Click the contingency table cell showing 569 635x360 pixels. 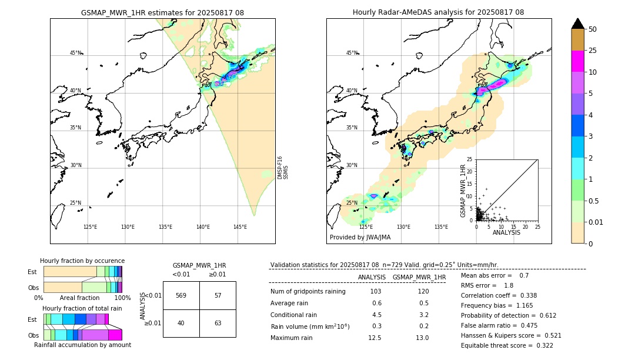pyautogui.click(x=181, y=295)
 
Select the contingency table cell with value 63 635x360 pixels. pyautogui.click(x=218, y=322)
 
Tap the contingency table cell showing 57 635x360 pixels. pyautogui.click(x=218, y=295)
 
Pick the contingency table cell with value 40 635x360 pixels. pyautogui.click(x=181, y=322)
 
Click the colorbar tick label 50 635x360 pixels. pyautogui.click(x=593, y=29)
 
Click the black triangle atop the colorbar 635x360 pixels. pyautogui.click(x=578, y=24)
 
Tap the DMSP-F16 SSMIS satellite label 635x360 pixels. pyautogui.click(x=283, y=168)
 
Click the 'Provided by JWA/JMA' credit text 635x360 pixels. pyautogui.click(x=360, y=237)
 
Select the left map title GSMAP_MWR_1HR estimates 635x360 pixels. pyautogui.click(x=162, y=12)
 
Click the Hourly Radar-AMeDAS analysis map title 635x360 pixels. pyautogui.click(x=438, y=12)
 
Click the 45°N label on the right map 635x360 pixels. pyautogui.click(x=351, y=53)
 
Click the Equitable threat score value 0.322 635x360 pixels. pyautogui.click(x=542, y=345)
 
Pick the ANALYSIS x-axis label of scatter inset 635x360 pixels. pyautogui.click(x=506, y=233)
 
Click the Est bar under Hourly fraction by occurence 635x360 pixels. pyautogui.click(x=82, y=271)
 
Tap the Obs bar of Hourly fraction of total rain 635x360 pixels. pyautogui.click(x=82, y=335)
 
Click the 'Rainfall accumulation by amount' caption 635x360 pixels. pyautogui.click(x=82, y=345)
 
